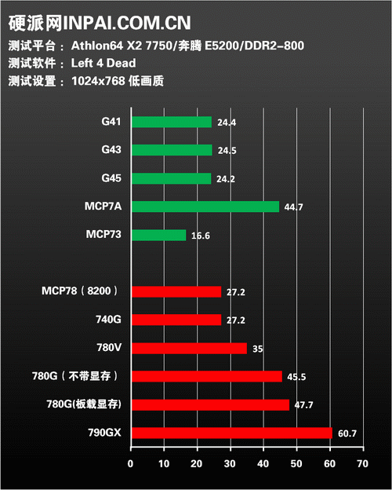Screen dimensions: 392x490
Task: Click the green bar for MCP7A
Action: (x=205, y=207)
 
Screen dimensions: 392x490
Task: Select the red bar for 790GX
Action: (x=232, y=433)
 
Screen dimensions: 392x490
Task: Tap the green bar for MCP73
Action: (x=159, y=235)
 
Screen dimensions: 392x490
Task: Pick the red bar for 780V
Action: (x=189, y=348)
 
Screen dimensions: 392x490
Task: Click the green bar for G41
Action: (x=172, y=122)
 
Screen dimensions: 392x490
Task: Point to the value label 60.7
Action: (x=347, y=433)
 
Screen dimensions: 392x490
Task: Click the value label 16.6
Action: (x=201, y=236)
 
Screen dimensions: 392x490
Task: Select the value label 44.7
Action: (x=293, y=207)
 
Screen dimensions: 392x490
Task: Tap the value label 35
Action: (x=257, y=349)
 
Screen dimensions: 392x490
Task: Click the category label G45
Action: (x=111, y=178)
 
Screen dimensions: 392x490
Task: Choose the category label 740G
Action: (x=109, y=320)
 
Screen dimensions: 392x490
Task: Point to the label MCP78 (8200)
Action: (x=80, y=291)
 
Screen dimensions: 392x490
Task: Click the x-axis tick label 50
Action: (x=296, y=464)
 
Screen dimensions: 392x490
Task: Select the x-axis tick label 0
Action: (x=130, y=464)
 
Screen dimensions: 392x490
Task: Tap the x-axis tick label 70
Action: (x=363, y=464)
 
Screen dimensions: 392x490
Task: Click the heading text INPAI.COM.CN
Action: (x=127, y=23)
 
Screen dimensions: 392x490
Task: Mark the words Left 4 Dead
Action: (x=103, y=63)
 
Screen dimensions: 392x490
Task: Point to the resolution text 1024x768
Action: (x=98, y=81)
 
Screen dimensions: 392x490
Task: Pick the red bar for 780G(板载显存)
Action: (x=210, y=404)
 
